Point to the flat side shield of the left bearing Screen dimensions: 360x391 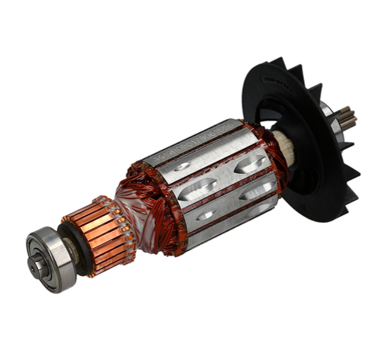(x=44, y=256)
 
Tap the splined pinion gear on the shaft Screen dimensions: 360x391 (x=347, y=118)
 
